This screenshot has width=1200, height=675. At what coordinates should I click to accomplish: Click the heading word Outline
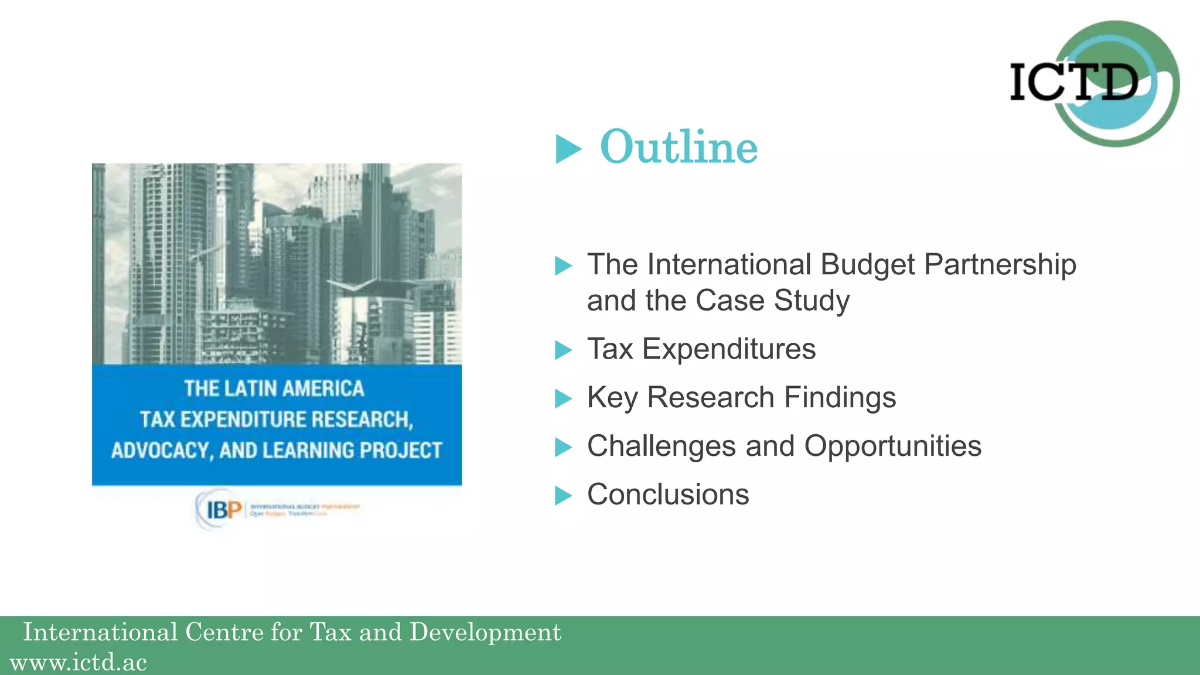click(679, 147)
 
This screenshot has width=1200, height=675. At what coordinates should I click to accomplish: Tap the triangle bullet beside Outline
click(567, 149)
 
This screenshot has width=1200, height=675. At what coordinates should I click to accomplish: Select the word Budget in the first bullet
click(868, 265)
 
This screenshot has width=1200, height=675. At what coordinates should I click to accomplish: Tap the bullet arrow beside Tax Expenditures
click(563, 350)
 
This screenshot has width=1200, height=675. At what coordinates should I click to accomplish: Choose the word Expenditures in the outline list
click(729, 349)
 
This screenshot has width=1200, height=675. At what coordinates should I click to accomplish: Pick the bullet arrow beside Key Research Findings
click(563, 399)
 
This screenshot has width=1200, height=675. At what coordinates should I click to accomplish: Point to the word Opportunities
click(892, 446)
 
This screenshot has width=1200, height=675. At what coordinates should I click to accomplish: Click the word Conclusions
click(668, 495)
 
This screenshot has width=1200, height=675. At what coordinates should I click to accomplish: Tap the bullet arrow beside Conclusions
click(563, 496)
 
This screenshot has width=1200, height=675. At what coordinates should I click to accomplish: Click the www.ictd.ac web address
click(79, 663)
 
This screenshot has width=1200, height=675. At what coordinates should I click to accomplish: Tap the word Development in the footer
click(485, 632)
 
